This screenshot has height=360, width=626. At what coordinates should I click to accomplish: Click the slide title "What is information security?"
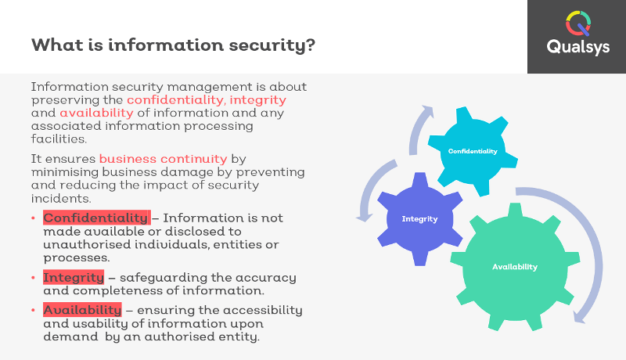[x=173, y=45]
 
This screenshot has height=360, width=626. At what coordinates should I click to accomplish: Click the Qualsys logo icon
[x=578, y=23]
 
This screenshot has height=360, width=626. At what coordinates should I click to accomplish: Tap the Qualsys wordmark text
[x=578, y=47]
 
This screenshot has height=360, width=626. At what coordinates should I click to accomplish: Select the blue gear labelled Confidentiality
[x=473, y=151]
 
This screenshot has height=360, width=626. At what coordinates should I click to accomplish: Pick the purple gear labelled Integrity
[x=420, y=218]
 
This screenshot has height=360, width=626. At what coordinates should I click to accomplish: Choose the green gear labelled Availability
[x=515, y=267]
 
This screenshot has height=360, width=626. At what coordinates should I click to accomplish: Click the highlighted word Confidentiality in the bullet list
[x=96, y=218]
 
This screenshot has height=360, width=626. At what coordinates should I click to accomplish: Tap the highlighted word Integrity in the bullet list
[x=74, y=277]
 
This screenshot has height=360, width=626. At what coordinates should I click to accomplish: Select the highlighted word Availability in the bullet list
[x=82, y=310]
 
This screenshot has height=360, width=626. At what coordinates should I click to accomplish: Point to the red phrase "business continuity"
[x=163, y=159]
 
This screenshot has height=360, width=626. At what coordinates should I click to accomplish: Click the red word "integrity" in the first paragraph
[x=258, y=100]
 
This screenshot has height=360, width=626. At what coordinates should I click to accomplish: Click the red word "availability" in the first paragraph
[x=96, y=113]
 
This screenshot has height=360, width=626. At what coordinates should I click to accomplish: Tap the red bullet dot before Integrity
[x=33, y=278]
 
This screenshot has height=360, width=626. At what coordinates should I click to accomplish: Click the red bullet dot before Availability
[x=33, y=310]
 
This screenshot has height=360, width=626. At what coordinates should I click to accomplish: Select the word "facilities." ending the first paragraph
[x=59, y=139]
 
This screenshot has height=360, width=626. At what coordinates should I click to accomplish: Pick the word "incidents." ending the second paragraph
[x=61, y=198]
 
